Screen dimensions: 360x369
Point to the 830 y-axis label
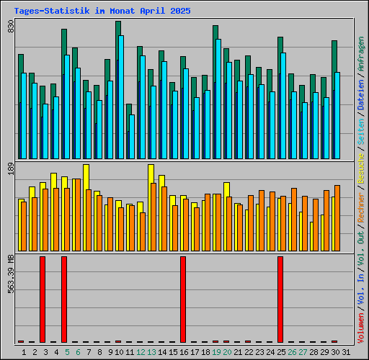(x=11, y=28)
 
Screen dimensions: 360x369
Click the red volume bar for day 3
(x=43, y=299)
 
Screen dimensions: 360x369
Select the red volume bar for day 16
(x=183, y=299)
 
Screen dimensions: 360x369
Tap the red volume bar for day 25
(x=280, y=299)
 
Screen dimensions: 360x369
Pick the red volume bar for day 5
(x=64, y=299)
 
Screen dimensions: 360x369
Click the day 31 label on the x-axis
(x=347, y=351)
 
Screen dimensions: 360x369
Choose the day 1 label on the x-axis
(x=24, y=351)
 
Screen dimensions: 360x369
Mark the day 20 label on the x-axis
(x=227, y=351)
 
